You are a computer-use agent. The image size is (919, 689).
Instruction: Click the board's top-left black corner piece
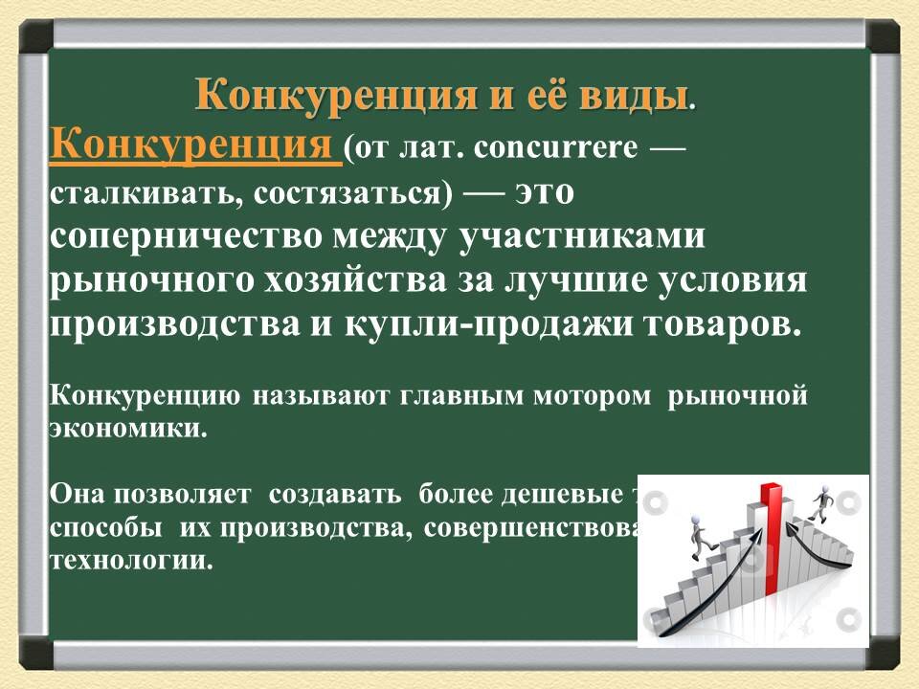(x=35, y=37)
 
